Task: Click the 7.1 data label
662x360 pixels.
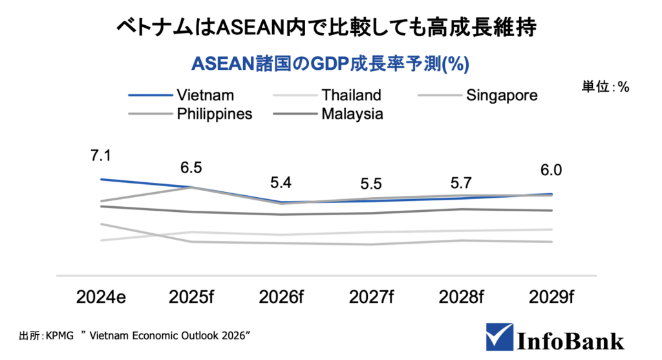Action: coord(101,156)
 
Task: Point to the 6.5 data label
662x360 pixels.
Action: coord(191,167)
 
